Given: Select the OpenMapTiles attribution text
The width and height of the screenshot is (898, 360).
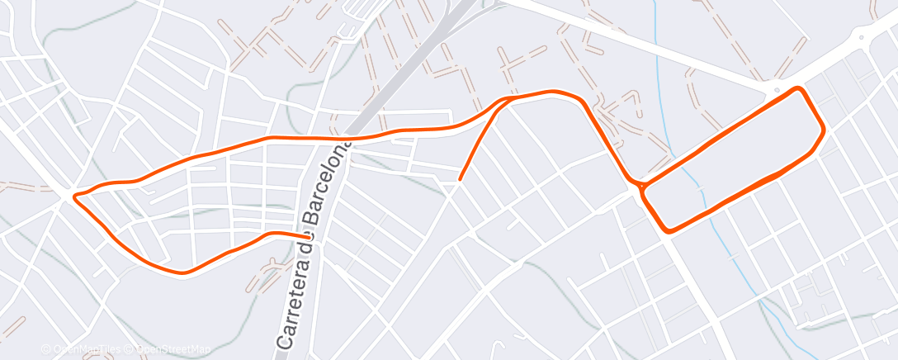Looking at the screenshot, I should pos(87,349).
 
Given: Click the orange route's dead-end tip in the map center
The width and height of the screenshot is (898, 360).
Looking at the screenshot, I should pos(460,178).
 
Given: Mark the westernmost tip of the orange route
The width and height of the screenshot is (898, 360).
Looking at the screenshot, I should pos(75,197).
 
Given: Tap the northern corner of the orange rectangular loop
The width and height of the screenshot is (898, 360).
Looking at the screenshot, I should pos(797,88).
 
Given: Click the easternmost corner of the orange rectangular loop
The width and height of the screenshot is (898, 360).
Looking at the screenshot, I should pos(823,130).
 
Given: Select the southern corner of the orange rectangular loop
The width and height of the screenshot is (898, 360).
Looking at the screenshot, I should pos(669,230).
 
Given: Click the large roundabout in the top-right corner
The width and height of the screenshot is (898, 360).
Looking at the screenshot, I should pos(862,36).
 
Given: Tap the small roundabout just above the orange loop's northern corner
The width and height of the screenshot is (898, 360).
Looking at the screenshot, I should pos(777,88).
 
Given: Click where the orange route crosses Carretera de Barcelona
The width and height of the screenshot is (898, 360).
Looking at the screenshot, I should pos(347,138).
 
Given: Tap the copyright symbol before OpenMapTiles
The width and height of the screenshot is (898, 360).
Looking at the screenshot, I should pos(47,349).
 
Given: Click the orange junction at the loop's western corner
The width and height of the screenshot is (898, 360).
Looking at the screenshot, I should pos(641,187).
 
